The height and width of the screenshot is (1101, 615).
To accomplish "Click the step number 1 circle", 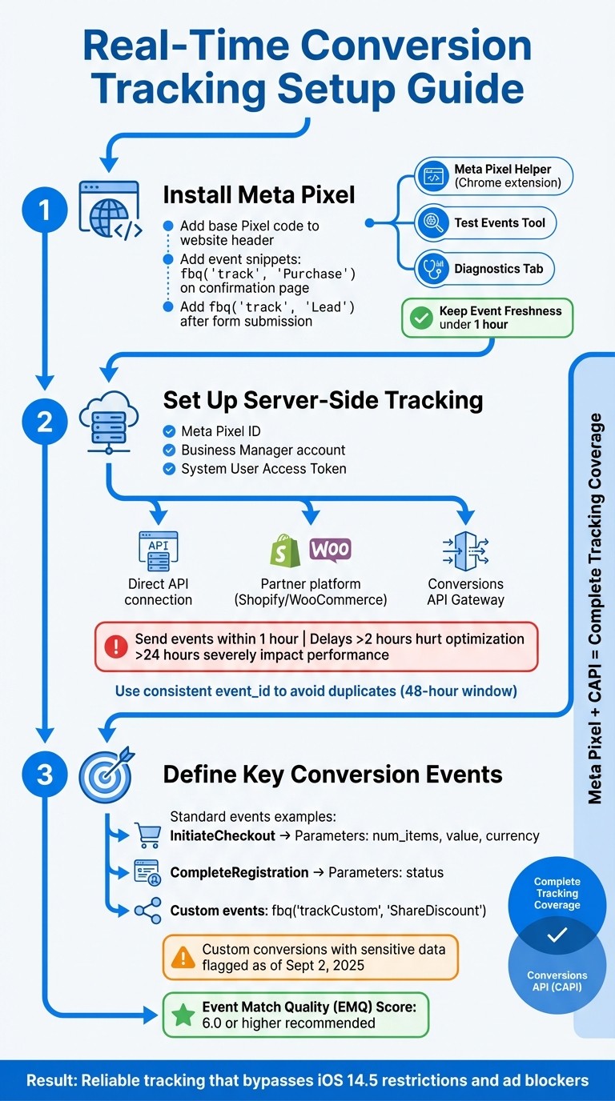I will (x=44, y=210).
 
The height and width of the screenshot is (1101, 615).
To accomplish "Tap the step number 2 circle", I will (x=44, y=421).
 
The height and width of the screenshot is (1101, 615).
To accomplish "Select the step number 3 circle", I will (x=44, y=775).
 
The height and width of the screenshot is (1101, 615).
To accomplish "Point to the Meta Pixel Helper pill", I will (x=493, y=176).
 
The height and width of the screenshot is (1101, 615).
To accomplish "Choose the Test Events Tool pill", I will (x=486, y=223).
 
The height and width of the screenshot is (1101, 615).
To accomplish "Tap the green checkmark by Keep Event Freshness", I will (x=420, y=318).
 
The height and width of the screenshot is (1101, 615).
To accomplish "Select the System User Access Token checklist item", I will (x=255, y=469).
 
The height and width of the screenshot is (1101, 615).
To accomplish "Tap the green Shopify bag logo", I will (x=285, y=550).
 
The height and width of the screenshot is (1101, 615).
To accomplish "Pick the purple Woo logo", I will (x=329, y=549).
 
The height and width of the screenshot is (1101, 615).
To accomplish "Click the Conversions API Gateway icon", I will (x=465, y=550).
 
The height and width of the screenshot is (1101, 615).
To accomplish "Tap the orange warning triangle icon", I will (x=183, y=956).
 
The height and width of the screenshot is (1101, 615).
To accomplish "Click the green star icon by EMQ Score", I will (x=183, y=1015).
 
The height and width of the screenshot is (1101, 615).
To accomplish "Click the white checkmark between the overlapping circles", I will (x=557, y=934).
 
